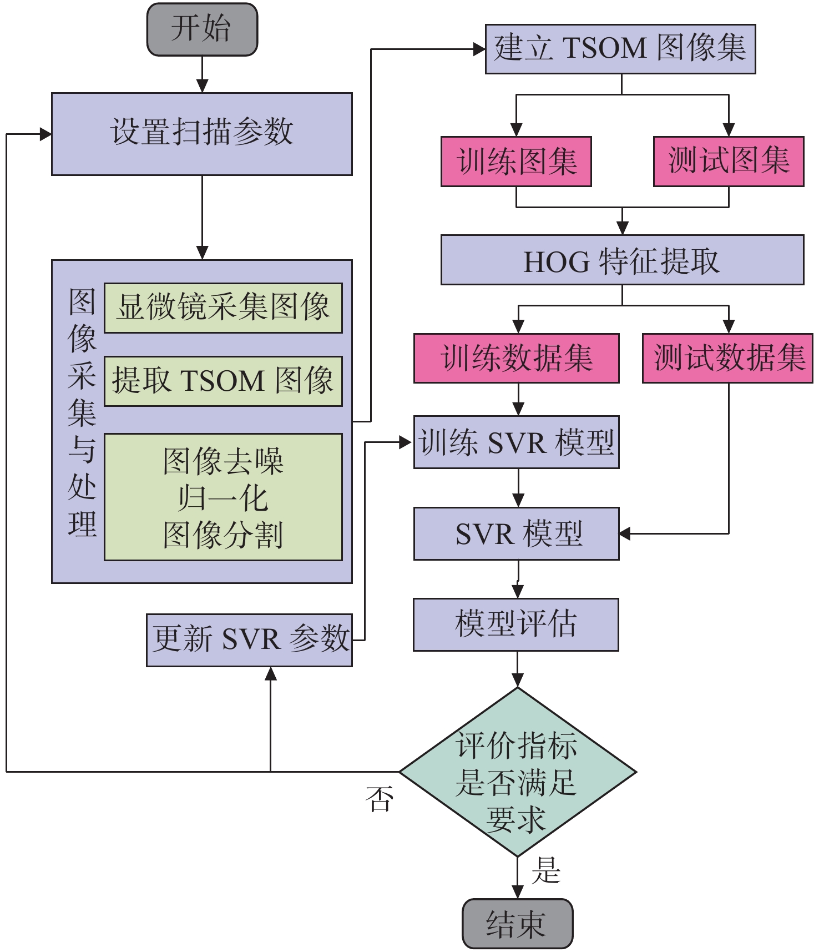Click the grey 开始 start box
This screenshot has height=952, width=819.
(202, 29)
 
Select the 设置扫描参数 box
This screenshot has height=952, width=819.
(202, 134)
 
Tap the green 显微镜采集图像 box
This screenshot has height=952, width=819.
(223, 308)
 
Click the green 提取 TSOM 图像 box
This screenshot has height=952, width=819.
(223, 381)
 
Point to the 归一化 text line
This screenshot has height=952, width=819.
(223, 498)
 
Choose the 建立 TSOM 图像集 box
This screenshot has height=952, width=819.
(620, 49)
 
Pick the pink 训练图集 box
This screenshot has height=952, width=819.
(516, 162)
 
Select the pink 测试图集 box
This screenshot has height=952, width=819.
(729, 162)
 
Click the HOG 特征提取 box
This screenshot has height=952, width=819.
(622, 260)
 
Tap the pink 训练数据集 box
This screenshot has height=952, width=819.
(516, 358)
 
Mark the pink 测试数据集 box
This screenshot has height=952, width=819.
(727, 358)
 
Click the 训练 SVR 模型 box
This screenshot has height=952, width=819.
(516, 442)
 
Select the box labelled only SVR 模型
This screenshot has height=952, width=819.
(516, 533)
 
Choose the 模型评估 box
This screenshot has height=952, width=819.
(516, 624)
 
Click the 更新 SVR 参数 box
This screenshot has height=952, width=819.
(249, 640)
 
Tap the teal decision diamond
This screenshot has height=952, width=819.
(517, 772)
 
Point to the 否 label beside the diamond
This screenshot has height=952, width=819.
(380, 799)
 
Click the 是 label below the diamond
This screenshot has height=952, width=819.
(545, 870)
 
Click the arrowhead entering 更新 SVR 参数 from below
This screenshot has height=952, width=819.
(271, 673)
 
